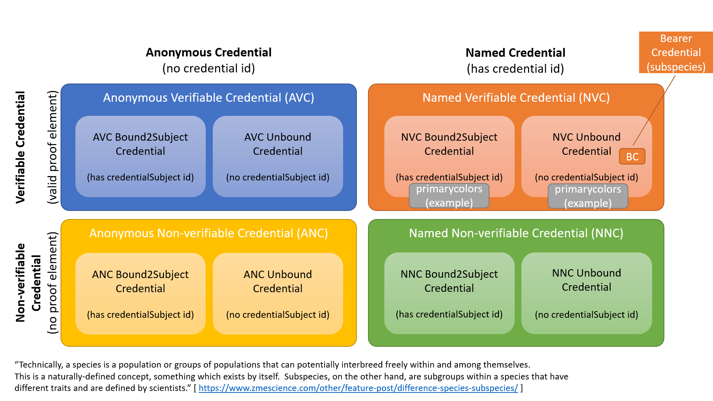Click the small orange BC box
[x=632, y=157]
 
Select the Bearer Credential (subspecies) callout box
[x=675, y=52]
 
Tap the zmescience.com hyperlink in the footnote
[x=358, y=388]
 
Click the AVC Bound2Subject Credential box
[x=140, y=156]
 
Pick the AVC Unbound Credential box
[x=277, y=156]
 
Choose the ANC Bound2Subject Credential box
[x=140, y=293]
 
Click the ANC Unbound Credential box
[x=277, y=293]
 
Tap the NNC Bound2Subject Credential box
[x=449, y=293]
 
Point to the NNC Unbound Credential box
[x=586, y=293]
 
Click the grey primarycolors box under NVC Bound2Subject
[x=449, y=196]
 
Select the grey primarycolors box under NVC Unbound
[x=588, y=196]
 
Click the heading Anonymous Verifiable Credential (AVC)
[x=208, y=98]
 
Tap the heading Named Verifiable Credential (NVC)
[x=516, y=98]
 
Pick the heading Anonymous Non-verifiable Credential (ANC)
[x=208, y=233]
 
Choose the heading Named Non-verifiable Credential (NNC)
[x=516, y=233]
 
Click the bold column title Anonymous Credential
[x=208, y=52]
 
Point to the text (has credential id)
[x=515, y=69]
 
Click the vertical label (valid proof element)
[x=53, y=147]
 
